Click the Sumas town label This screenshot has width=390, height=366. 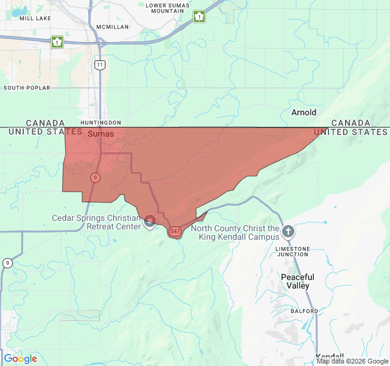tap(101, 133)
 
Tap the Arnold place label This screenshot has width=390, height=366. tap(303, 112)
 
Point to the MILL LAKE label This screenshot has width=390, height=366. tap(35, 18)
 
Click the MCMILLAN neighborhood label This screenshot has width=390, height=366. tap(113, 27)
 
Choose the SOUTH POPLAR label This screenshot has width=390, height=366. tap(26, 88)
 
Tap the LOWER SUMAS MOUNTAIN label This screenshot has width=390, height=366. tap(168, 8)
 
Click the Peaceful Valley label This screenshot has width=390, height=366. tap(297, 281)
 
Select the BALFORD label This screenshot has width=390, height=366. tap(304, 311)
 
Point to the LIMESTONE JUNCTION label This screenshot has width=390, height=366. tap(292, 251)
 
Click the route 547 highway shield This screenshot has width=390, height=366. tap(175, 231)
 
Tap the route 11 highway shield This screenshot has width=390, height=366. tap(100, 65)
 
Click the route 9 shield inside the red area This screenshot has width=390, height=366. tap(95, 178)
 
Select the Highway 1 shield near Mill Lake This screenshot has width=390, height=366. tap(57, 42)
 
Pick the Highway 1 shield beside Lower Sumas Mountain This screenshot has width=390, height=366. tap(199, 16)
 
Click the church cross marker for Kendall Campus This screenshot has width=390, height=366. tap(288, 231)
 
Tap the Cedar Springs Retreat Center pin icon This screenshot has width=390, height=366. tap(150, 221)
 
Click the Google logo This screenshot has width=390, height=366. tap(20, 359)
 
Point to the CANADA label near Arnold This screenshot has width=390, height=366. tap(350, 123)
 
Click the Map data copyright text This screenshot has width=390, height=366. tap(352, 362)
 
